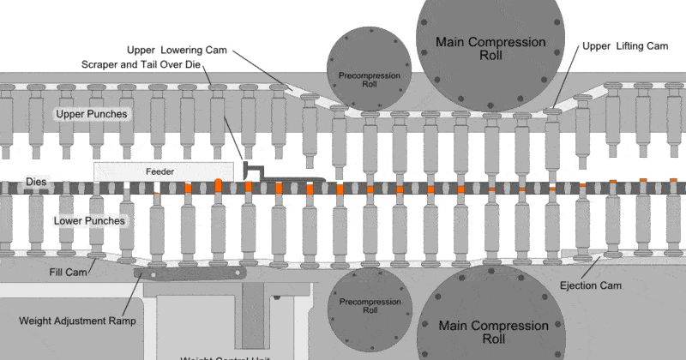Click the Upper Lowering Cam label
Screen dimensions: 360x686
[176, 50]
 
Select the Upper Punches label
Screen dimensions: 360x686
[92, 114]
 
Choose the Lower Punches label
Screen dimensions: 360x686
[90, 220]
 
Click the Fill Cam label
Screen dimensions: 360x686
[63, 272]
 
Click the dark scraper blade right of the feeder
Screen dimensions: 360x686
[283, 179]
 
